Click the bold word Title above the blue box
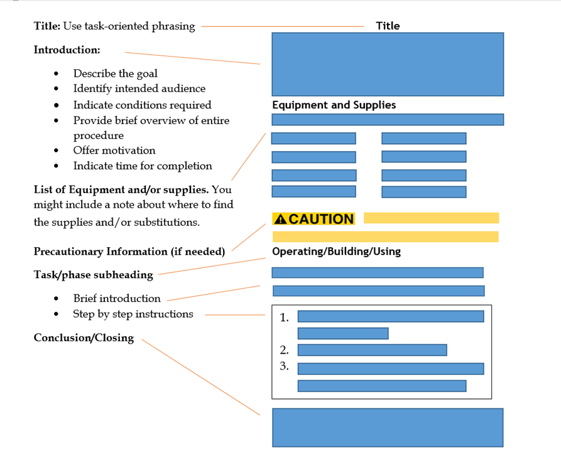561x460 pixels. (388, 26)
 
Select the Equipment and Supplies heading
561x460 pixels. (334, 105)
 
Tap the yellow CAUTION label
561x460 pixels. (313, 219)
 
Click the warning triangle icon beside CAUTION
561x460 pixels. (281, 219)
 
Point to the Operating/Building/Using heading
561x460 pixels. (336, 252)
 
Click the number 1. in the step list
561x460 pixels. (284, 318)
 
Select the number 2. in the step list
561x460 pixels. (284, 350)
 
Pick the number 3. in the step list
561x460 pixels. (284, 366)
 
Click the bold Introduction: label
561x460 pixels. (67, 50)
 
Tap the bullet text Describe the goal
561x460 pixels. (115, 74)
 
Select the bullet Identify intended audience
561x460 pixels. (139, 89)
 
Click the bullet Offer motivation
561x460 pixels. (114, 150)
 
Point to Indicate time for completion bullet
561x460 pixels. (142, 166)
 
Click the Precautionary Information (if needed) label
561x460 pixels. (129, 252)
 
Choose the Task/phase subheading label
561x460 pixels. (93, 275)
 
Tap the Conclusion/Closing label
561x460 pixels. (84, 338)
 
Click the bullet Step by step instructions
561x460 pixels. (133, 314)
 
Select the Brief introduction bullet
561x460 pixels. (116, 298)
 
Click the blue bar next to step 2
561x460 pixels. (372, 350)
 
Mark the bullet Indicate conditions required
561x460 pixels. (142, 105)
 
